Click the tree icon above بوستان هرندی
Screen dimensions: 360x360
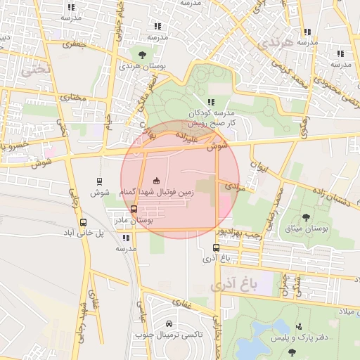tap(143, 54)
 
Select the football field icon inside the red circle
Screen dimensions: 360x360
tap(156, 181)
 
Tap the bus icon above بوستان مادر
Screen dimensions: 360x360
tap(134, 209)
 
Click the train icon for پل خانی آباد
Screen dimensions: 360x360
tap(84, 223)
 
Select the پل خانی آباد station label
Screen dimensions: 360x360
tap(84, 233)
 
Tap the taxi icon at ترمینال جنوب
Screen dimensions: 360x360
tap(169, 323)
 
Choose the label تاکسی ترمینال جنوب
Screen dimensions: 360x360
tap(169, 335)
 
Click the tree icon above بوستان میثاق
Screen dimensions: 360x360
tap(305, 217)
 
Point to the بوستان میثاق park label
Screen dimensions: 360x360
tap(305, 229)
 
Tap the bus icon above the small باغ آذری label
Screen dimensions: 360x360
tap(216, 247)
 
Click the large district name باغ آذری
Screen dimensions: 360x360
tap(234, 284)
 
